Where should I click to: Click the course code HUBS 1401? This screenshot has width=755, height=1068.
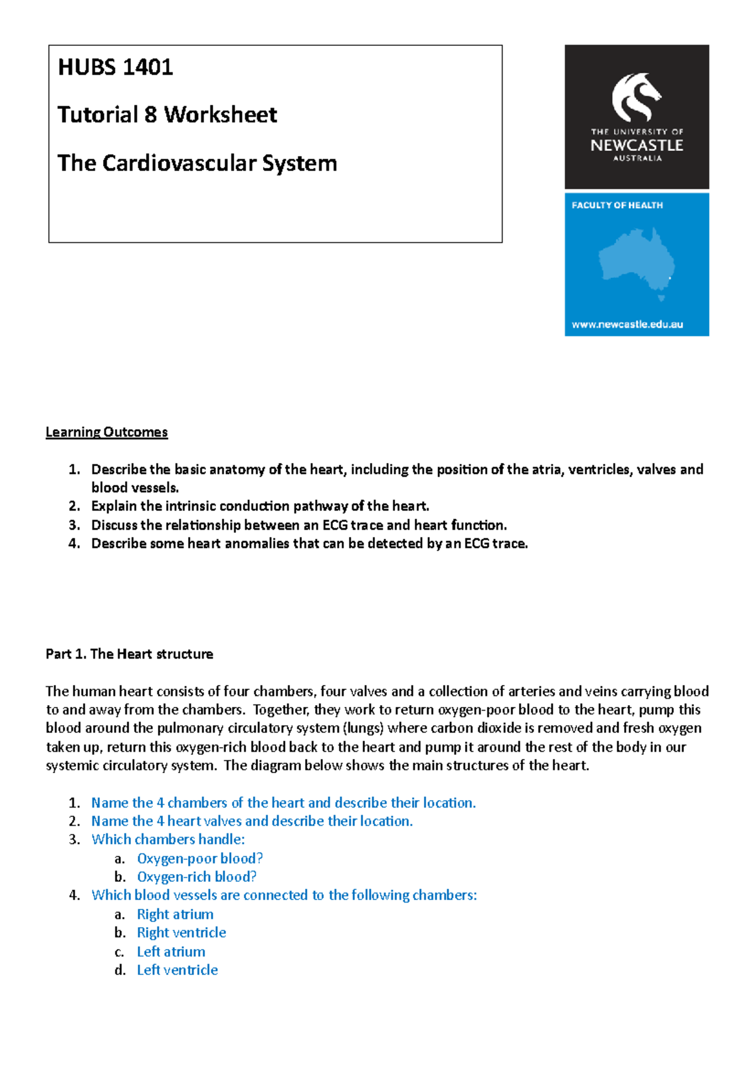click(115, 67)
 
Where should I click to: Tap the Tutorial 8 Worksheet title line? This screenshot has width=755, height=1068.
click(167, 114)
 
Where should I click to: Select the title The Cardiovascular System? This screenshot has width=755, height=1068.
click(197, 163)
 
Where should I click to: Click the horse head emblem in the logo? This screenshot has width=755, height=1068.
click(635, 97)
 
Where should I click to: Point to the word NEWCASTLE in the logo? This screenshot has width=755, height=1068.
click(636, 145)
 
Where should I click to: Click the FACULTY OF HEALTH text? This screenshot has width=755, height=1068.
click(617, 205)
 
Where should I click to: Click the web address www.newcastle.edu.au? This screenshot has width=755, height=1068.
click(627, 325)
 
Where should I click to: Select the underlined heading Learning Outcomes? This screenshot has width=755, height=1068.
click(106, 432)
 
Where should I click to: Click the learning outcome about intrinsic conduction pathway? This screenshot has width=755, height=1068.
click(260, 506)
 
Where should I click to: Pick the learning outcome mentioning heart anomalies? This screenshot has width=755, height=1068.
click(309, 543)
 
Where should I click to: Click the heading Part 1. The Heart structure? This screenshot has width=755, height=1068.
click(129, 654)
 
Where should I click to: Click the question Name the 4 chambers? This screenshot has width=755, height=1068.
click(283, 803)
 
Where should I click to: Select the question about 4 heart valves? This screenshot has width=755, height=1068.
click(252, 821)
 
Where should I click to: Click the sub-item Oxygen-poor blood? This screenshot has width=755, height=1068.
click(199, 859)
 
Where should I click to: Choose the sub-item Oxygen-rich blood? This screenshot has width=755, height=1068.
click(196, 877)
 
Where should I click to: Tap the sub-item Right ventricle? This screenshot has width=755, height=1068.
click(181, 933)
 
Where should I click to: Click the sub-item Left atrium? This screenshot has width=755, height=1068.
click(171, 952)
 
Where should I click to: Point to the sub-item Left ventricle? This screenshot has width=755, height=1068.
click(177, 970)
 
